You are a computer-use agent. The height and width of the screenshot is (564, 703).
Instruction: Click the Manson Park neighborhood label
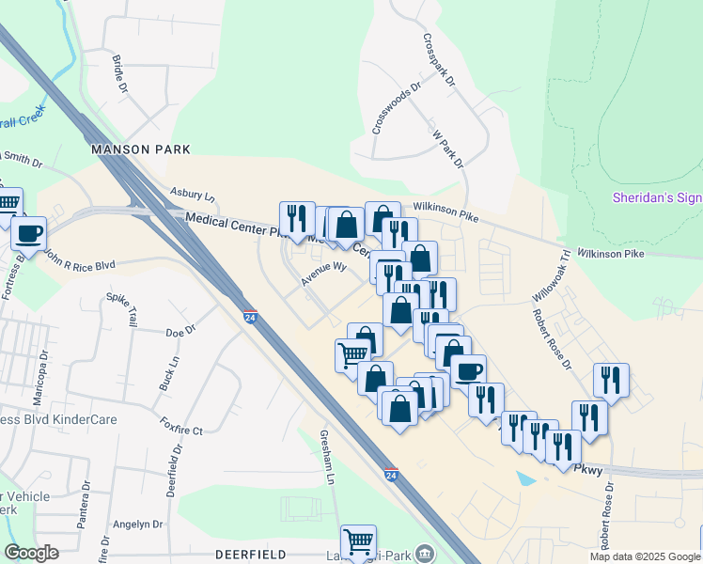point(141,149)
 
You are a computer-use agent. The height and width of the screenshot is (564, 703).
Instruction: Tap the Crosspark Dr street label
point(439,61)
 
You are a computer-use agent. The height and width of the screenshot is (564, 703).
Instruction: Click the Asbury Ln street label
point(193,194)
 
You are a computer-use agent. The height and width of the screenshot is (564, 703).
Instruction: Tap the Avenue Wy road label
point(324,274)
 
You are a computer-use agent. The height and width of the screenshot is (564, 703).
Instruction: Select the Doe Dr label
point(180,330)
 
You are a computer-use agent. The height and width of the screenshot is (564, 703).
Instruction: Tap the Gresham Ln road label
point(325,459)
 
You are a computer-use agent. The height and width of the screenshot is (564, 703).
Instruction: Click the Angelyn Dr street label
point(137,525)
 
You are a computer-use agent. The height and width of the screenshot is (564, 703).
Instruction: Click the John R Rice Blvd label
point(79,264)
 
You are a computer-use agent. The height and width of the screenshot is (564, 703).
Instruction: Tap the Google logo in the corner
point(32,553)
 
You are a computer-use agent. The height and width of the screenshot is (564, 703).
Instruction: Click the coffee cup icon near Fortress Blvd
point(29,232)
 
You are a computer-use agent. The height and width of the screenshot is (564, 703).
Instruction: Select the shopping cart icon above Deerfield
point(358,541)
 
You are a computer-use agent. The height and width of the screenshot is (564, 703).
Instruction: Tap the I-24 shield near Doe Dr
point(250,317)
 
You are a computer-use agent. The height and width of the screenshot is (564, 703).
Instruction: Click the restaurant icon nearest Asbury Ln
point(297,218)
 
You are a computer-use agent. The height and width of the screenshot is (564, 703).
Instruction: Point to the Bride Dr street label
point(119,72)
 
